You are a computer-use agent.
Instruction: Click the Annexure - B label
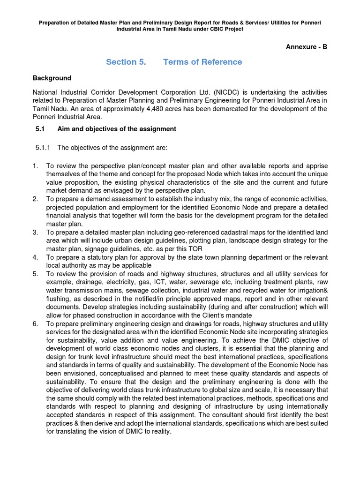click(306, 47)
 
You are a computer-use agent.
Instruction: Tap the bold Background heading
click(52, 78)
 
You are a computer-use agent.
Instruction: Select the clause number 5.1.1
click(44, 148)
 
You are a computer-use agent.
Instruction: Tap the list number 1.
click(35, 166)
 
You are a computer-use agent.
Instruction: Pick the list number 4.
click(35, 257)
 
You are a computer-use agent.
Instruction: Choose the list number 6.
click(35, 323)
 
